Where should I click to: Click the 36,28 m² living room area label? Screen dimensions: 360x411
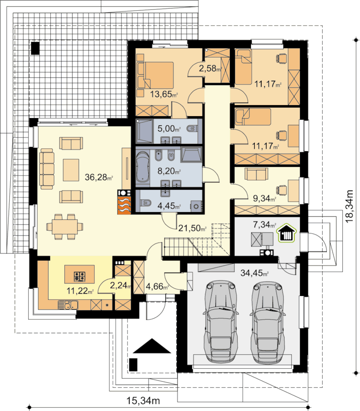pos(99,178)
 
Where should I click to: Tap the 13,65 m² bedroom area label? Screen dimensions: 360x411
pos(164,94)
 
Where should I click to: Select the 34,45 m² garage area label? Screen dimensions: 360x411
pos(254,273)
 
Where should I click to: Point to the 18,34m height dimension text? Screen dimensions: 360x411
pos(349,206)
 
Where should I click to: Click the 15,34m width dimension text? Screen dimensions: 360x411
pos(143,400)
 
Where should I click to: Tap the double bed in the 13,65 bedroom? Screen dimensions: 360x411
pos(155,75)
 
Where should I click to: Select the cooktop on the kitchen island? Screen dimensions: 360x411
pos(80,276)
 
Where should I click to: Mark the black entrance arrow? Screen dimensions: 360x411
pos(152,346)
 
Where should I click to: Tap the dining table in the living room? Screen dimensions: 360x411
pos(64,227)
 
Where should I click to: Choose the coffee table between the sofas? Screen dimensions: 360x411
pos(71,170)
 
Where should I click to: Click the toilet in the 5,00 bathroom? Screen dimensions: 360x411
pos(192,128)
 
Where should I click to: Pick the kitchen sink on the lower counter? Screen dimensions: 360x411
pos(68,305)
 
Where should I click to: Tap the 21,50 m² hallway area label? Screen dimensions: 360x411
pos(192,228)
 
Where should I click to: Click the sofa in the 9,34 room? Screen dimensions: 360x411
pos(256,174)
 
